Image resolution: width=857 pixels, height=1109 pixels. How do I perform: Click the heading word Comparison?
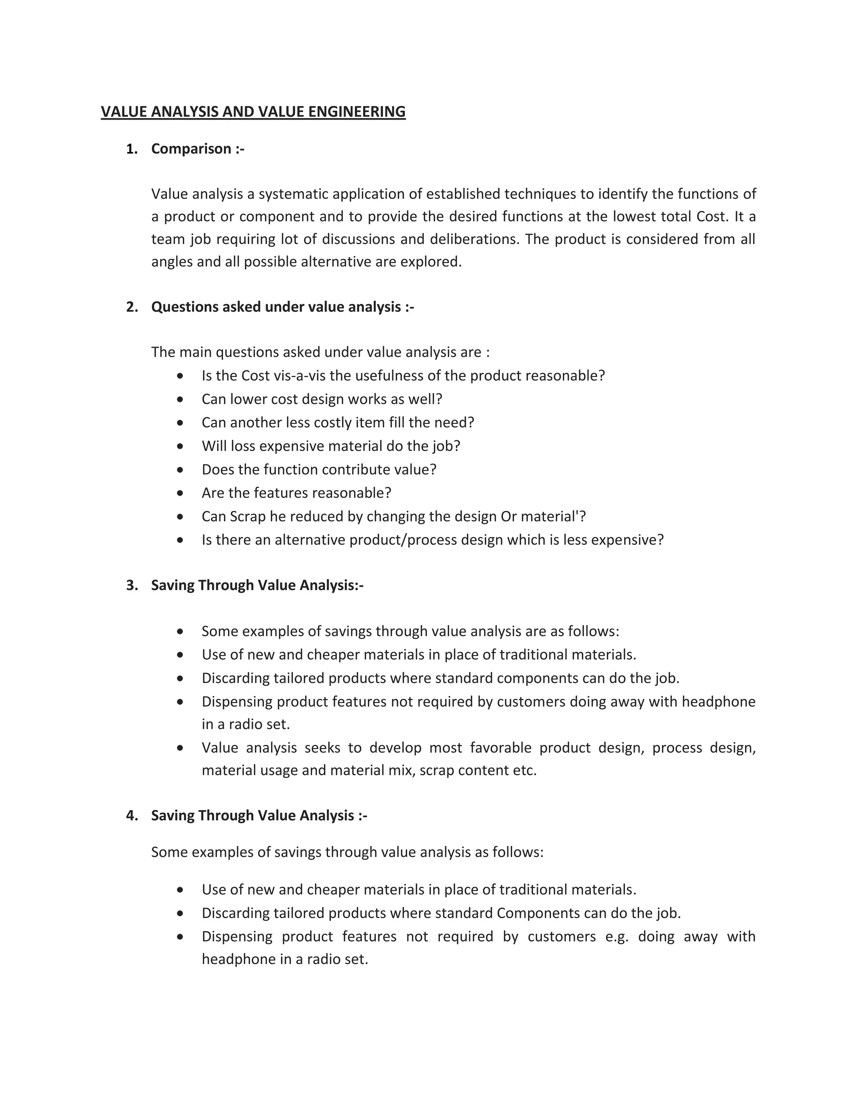191,149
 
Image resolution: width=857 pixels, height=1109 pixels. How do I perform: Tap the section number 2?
131,307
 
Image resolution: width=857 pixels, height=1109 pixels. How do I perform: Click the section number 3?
131,585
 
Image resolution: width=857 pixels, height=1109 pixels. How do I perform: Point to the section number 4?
131,816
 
